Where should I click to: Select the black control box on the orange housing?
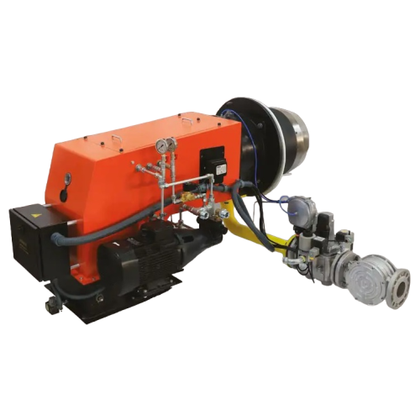[213, 160]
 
